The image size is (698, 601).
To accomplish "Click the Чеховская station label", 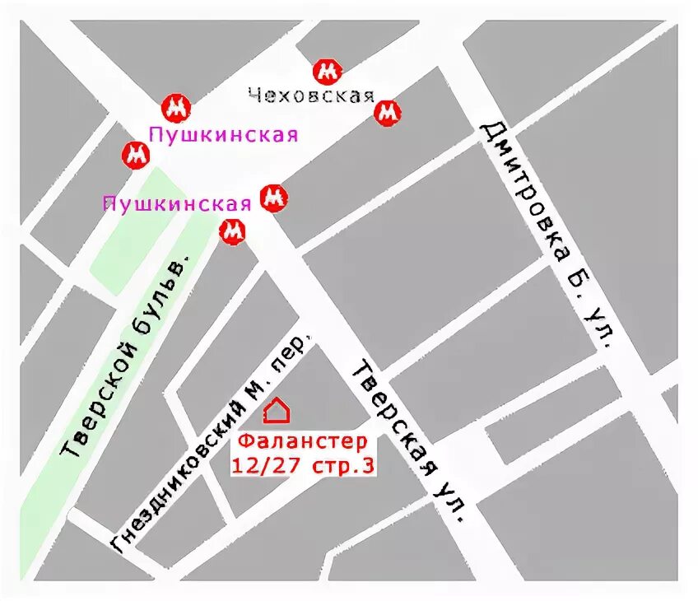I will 311,96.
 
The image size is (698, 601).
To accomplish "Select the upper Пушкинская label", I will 222,134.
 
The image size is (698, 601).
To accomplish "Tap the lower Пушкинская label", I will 176,203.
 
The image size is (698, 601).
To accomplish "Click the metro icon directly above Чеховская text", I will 328,72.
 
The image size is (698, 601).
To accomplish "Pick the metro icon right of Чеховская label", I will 388,113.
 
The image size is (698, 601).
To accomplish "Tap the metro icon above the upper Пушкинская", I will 175,106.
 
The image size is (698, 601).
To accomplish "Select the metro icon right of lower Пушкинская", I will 274,198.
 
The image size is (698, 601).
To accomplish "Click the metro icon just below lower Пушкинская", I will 234,233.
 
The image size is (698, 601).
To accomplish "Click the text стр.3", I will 343,465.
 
